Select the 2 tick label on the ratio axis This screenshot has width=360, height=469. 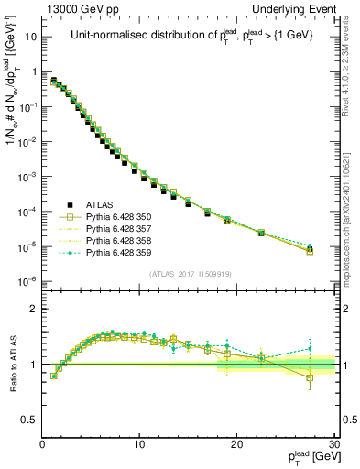pos(35,309)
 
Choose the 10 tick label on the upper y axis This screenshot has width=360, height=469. pos(31,38)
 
